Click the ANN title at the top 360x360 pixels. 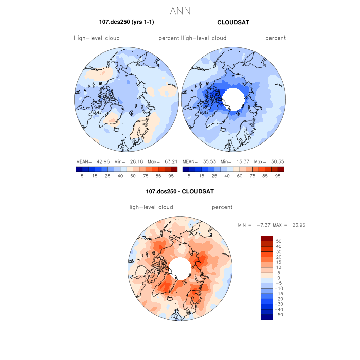(180, 10)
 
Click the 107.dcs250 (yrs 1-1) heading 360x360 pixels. (127, 22)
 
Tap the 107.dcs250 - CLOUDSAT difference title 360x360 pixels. (179, 191)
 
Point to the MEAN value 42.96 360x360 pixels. (101, 161)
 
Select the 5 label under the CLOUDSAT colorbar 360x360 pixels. (189, 175)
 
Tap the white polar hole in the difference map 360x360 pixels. (179, 268)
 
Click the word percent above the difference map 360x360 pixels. (222, 207)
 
